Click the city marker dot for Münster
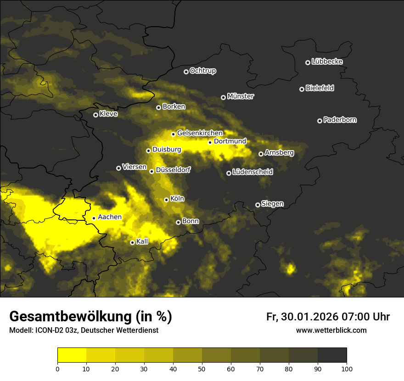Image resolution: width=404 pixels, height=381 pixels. pos(224,97)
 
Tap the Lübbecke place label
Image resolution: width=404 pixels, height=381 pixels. pos(327,62)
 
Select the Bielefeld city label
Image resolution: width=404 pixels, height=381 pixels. pos(320,88)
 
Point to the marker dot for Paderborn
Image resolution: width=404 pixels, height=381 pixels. pos(320,121)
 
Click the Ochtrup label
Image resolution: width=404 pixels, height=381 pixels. pos(202,71)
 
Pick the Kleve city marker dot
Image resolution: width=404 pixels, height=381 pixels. pos(95,115)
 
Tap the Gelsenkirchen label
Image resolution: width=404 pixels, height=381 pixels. pos(200,133)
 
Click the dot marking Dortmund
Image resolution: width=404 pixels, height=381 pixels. pos(210,142)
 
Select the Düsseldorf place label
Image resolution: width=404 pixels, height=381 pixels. pos(173,170)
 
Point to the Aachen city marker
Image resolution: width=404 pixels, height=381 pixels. pos(94,218)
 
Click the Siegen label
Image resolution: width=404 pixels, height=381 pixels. pos(272,204)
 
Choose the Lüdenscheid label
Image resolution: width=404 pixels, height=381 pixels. pos(252,172)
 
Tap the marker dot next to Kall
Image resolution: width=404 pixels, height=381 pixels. pos(132,242)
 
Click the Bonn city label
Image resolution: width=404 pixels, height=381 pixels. pos(191,221)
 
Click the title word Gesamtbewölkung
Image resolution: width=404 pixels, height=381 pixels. pos(69,316)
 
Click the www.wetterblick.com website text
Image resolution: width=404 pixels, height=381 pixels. pos(331,330)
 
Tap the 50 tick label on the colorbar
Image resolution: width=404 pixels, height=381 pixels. pos(202,368)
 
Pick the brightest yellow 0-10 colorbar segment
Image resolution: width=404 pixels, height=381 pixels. pos(72,355)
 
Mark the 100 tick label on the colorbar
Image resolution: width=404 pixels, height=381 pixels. pos(347,368)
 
